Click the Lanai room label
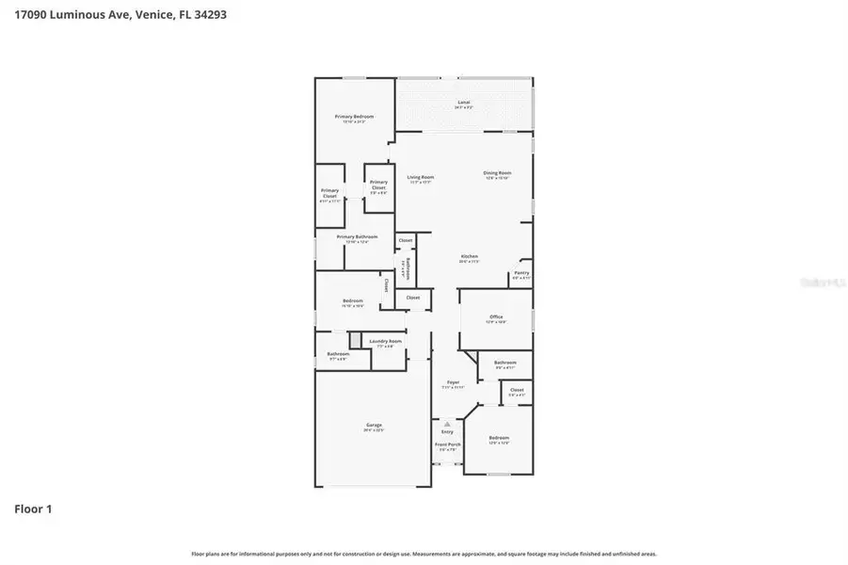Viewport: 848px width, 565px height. point(464,103)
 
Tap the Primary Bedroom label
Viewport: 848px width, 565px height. point(355,118)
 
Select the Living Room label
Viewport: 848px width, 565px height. point(421,178)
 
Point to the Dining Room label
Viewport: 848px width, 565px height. point(497,174)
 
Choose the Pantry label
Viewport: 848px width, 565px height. point(521,275)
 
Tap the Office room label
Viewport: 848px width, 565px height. point(496,318)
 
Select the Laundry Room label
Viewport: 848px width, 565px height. point(385,343)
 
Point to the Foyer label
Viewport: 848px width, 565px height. point(454,383)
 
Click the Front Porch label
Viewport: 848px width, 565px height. point(448,445)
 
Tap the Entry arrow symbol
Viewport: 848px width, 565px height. point(448,425)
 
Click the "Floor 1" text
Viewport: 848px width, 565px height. point(33,509)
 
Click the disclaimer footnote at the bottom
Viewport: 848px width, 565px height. point(424,554)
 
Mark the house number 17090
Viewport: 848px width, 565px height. point(30,15)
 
